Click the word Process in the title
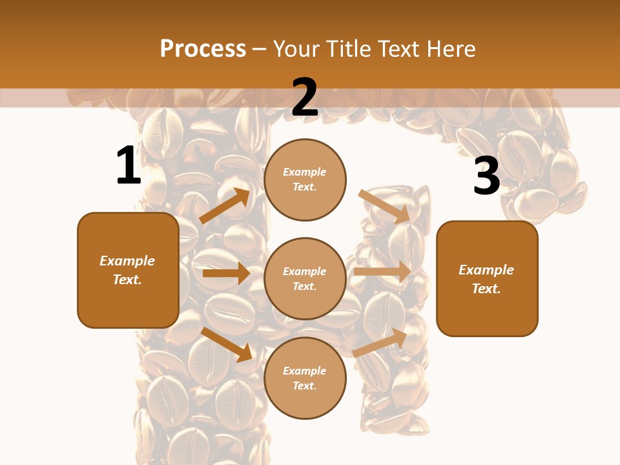tap(203, 48)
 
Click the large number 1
tap(128, 166)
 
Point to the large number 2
tap(305, 98)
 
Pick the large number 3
tap(486, 176)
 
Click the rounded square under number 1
tap(128, 270)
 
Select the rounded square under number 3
tap(487, 278)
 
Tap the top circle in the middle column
tap(305, 180)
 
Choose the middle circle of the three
tap(305, 278)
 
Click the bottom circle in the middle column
tap(305, 378)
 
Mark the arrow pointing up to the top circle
tap(225, 206)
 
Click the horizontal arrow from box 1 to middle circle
tap(226, 273)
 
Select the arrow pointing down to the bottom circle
tap(227, 344)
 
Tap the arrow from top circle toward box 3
tap(385, 206)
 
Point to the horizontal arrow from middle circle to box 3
tap(382, 272)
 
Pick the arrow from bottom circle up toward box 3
tap(380, 343)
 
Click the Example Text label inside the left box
tap(127, 270)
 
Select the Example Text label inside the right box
tap(486, 279)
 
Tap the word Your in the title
tap(296, 48)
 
